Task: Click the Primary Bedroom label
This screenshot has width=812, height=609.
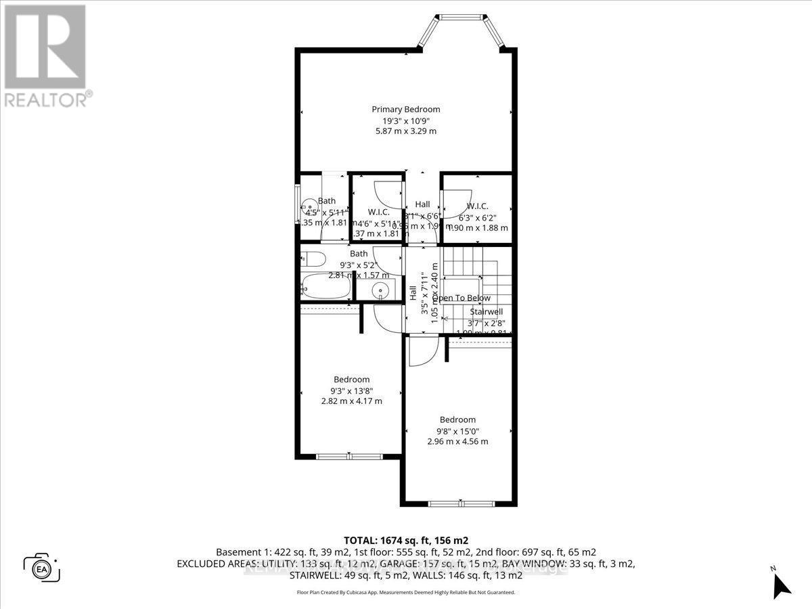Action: [405, 109]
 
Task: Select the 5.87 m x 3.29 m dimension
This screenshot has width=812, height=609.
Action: [405, 131]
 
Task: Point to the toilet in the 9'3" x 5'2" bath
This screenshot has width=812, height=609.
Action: [312, 258]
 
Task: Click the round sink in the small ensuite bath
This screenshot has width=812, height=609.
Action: [309, 205]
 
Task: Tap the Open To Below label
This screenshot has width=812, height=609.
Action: [461, 298]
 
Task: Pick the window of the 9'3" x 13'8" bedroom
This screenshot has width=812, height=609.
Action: [349, 457]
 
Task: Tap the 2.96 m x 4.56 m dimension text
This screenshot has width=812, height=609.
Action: [457, 442]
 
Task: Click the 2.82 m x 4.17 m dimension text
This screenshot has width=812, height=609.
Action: [351, 401]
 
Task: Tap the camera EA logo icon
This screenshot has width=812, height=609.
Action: [42, 567]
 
